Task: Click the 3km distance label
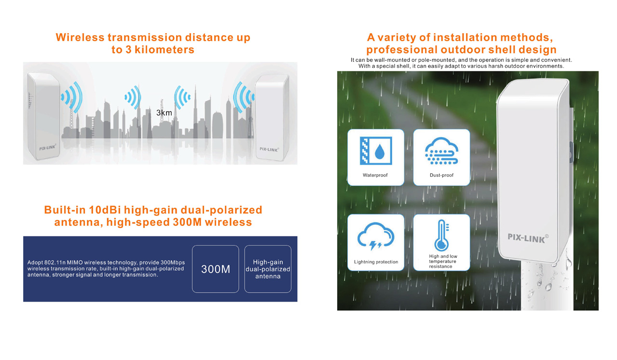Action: pyautogui.click(x=164, y=112)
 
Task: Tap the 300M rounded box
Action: pyautogui.click(x=216, y=269)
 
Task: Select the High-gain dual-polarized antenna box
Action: pyautogui.click(x=268, y=269)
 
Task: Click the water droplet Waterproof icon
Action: pyautogui.click(x=376, y=151)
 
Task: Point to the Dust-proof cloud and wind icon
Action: pyautogui.click(x=441, y=151)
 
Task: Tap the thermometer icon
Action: pyautogui.click(x=442, y=235)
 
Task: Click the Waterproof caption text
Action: pyautogui.click(x=375, y=175)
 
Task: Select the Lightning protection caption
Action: pyautogui.click(x=376, y=262)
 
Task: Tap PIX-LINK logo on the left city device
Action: pyautogui.click(x=48, y=147)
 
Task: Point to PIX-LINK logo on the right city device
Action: pyautogui.click(x=269, y=149)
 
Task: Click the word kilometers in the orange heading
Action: pyautogui.click(x=165, y=50)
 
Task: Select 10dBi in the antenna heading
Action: pyautogui.click(x=105, y=210)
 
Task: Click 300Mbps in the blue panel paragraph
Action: pyautogui.click(x=173, y=263)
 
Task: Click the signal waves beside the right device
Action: pyautogui.click(x=244, y=97)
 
